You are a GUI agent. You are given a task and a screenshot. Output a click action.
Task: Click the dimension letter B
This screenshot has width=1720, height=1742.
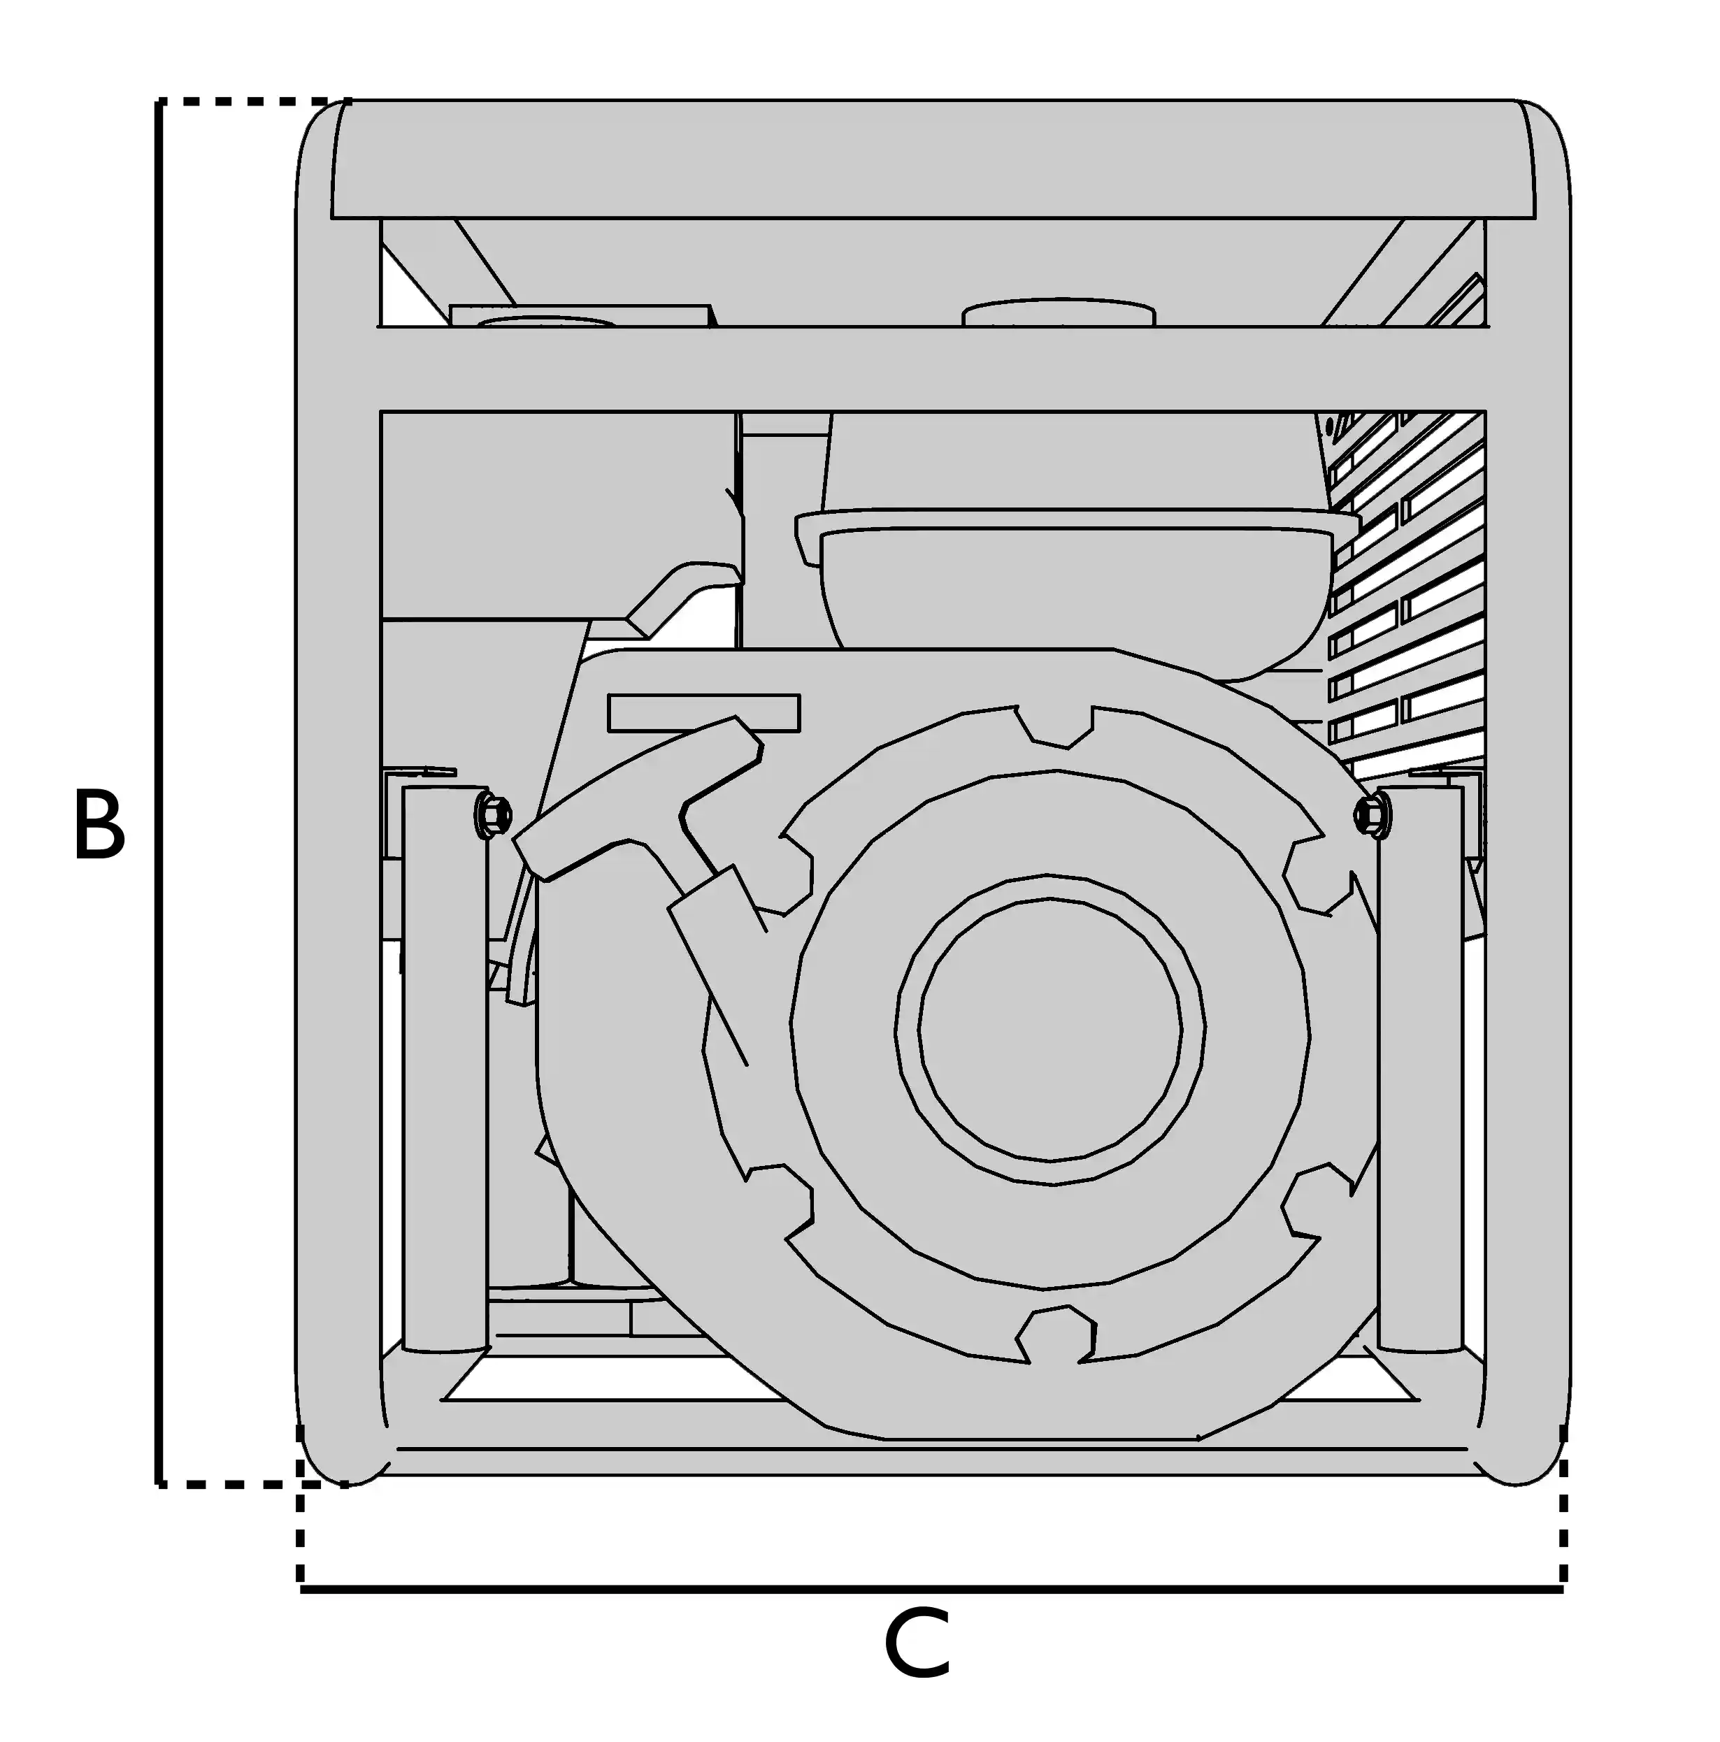pos(99,824)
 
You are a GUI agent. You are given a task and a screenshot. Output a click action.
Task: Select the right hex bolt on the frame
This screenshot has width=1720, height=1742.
pos(1372,816)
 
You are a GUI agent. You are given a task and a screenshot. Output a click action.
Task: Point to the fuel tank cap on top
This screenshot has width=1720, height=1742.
pos(1059,313)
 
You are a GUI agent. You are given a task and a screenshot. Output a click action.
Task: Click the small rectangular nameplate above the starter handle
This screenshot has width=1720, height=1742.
pos(703,712)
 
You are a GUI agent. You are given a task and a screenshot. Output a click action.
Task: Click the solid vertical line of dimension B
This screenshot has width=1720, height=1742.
pos(159,793)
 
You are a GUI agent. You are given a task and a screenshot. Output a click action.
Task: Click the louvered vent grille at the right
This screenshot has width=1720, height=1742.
pos(1407,595)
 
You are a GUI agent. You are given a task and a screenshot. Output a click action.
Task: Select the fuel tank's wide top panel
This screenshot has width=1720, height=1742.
pos(933,159)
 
